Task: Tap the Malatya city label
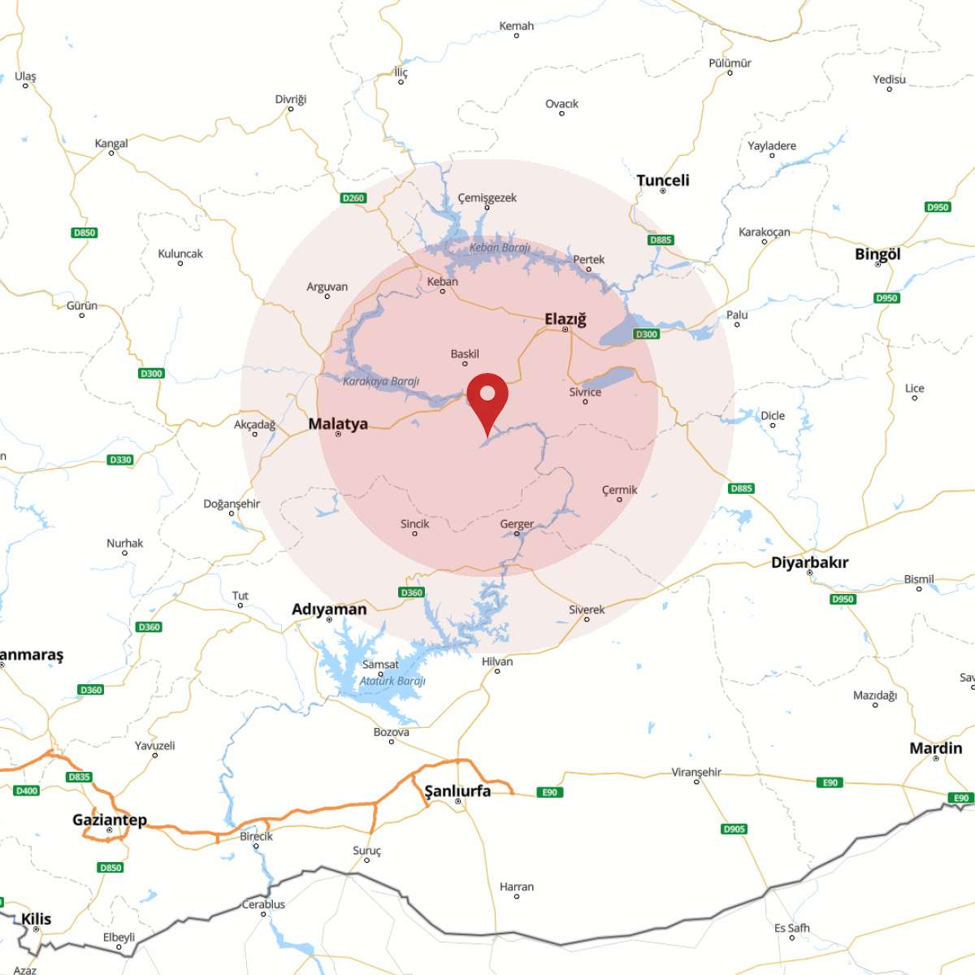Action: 338,423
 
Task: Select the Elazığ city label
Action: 565,318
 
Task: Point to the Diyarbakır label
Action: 809,561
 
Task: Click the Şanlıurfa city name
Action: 457,791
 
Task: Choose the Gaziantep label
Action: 110,819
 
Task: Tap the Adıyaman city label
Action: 329,609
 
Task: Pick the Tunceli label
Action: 663,180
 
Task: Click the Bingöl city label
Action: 877,253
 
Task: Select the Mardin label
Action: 935,747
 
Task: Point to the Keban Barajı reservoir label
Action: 500,247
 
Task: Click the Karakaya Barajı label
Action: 381,381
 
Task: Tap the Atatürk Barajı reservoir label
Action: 392,681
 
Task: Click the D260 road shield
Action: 353,197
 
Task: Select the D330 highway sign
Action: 120,460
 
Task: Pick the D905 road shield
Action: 734,829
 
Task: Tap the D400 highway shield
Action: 27,791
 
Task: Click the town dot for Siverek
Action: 587,620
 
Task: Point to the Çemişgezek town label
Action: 487,197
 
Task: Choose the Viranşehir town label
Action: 696,772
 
